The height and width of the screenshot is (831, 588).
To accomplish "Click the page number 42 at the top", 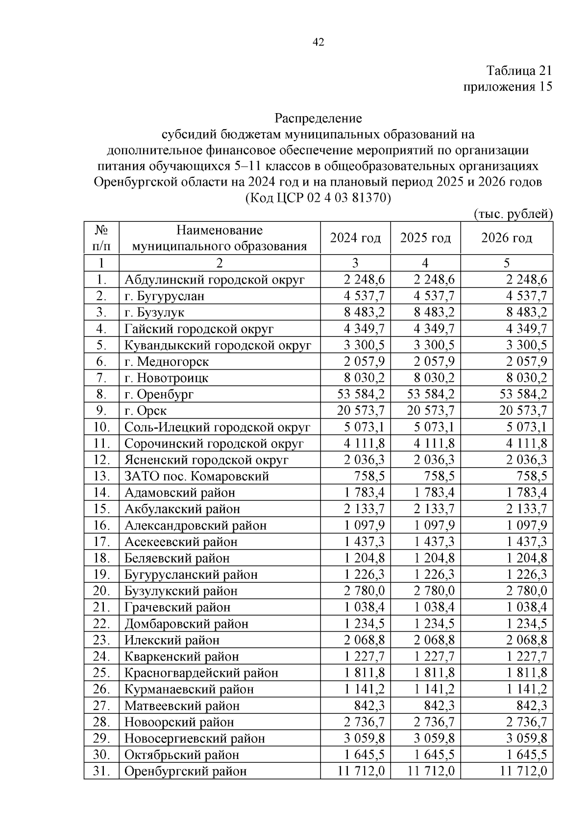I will pyautogui.click(x=318, y=43).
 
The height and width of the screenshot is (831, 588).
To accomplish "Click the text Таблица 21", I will pyautogui.click(x=519, y=71).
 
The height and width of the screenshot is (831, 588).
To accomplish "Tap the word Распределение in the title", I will pyautogui.click(x=318, y=119).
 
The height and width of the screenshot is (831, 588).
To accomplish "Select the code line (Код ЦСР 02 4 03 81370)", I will pyautogui.click(x=318, y=198).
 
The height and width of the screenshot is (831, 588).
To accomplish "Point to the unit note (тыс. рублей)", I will pyautogui.click(x=513, y=214).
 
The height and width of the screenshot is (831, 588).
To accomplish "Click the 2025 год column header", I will pyautogui.click(x=425, y=238).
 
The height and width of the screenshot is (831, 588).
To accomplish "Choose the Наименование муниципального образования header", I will pyautogui.click(x=220, y=238).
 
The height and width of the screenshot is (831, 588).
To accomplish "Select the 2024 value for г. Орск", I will pyautogui.click(x=361, y=410).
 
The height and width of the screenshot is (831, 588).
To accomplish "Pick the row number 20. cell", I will pyautogui.click(x=101, y=591).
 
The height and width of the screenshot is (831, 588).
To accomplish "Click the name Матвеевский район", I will pyautogui.click(x=182, y=706).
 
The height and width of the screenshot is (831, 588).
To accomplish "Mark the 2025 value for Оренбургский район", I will pyautogui.click(x=431, y=771).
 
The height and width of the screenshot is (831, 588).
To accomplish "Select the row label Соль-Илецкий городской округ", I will pyautogui.click(x=217, y=427).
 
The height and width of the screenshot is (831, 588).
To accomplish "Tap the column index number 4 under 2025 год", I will pyautogui.click(x=425, y=263).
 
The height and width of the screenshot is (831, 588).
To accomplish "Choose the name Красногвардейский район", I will pyautogui.click(x=201, y=673).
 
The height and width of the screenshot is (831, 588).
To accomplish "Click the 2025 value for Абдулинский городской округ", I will pyautogui.click(x=434, y=280).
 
